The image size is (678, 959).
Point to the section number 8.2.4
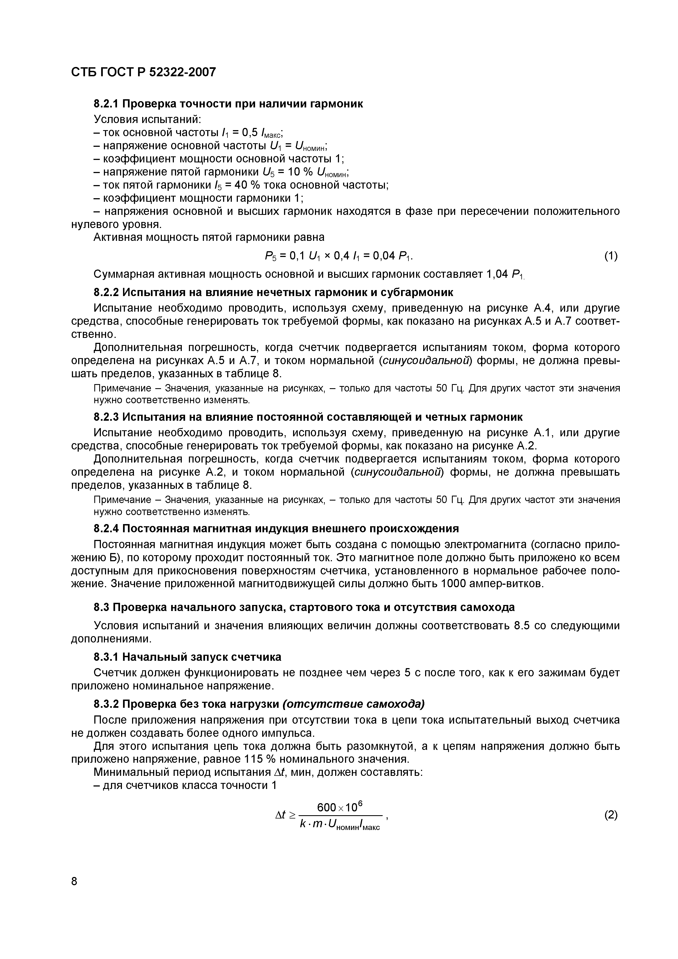point(107,528)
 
